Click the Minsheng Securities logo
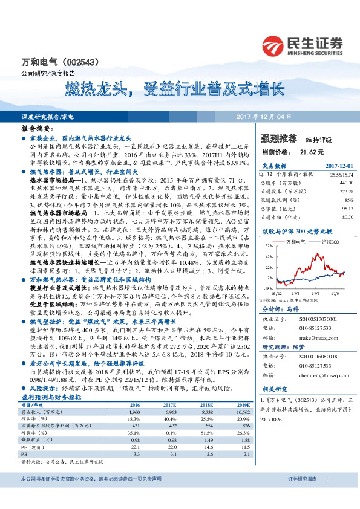coord(303,45)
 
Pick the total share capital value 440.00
coord(346,182)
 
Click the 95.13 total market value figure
coord(347,207)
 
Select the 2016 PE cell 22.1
coord(136,447)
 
